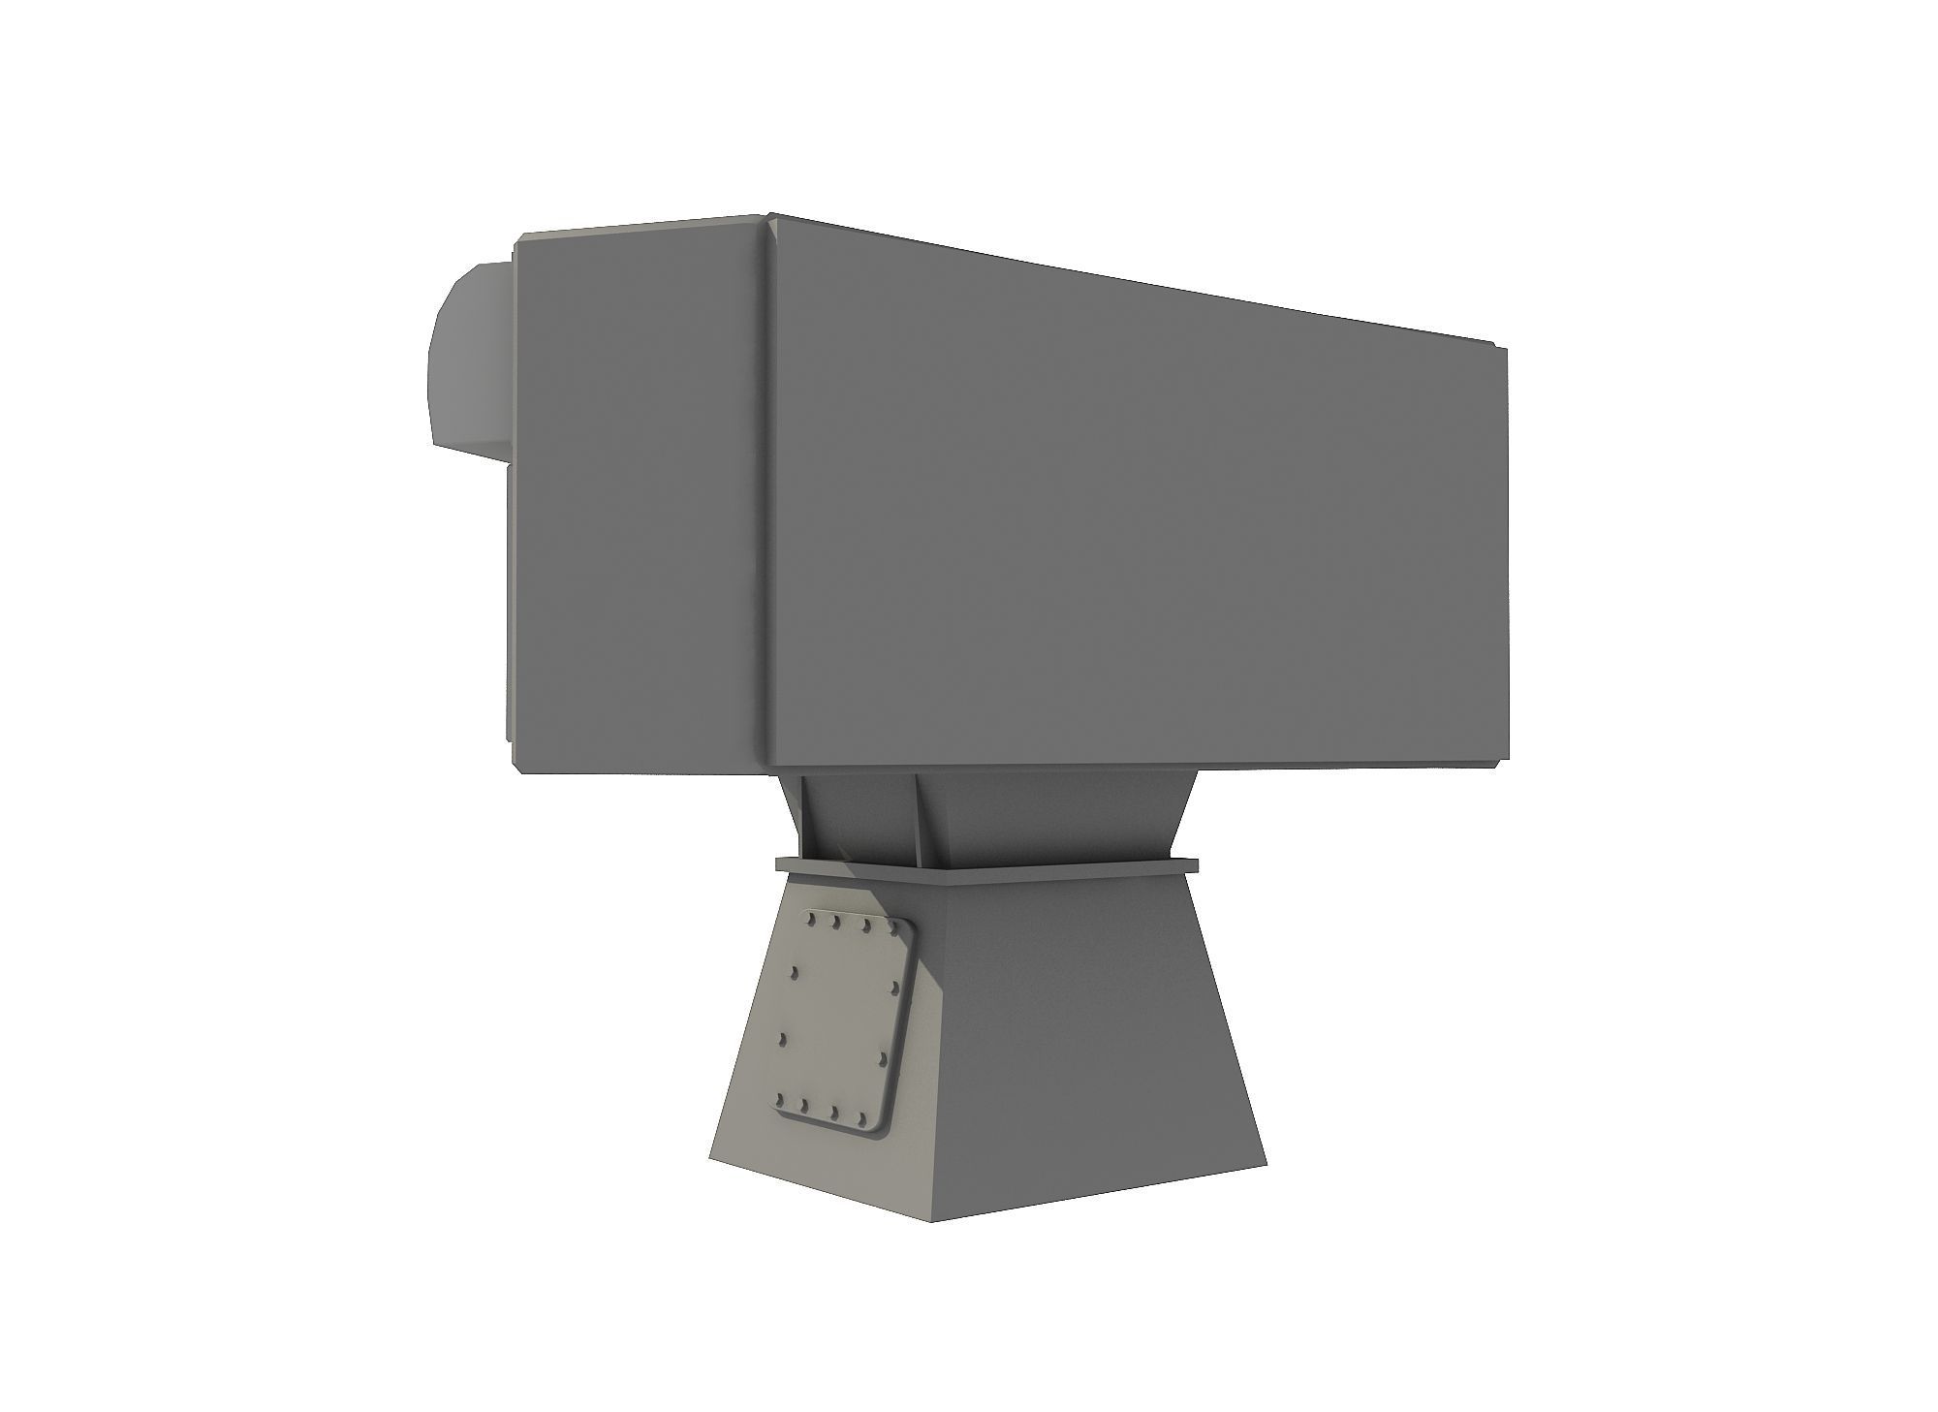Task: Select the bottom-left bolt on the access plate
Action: pos(777,1100)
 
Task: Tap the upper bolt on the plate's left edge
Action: pos(796,972)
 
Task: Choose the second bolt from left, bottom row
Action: pos(804,1106)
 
